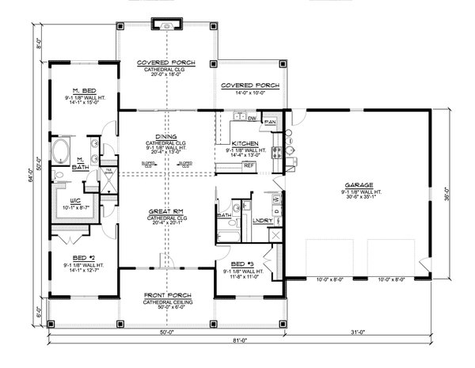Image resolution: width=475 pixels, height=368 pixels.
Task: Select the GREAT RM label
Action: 167,211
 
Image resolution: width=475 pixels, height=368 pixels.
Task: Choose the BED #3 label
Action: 237,263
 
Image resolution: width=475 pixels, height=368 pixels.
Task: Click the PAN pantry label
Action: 270,122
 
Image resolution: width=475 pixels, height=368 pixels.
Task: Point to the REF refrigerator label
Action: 248,165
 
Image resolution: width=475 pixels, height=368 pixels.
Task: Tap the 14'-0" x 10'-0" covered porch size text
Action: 248,93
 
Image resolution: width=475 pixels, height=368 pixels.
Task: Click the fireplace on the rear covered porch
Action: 167,26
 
